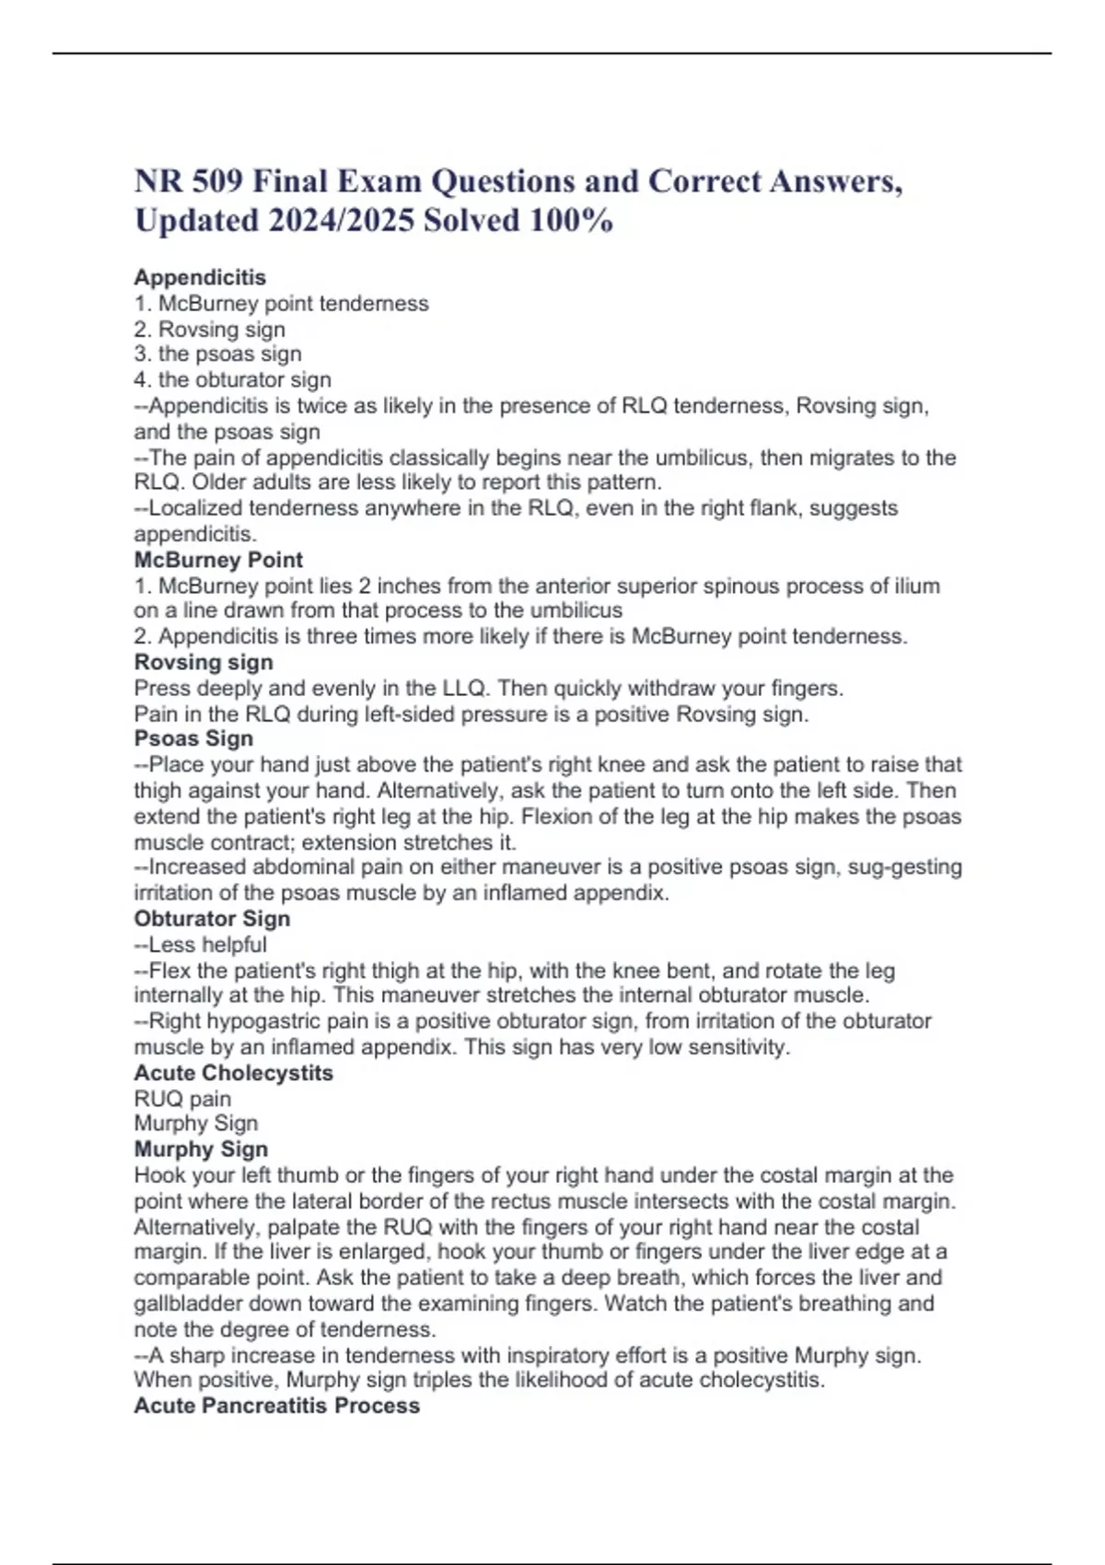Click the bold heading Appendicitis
click(200, 277)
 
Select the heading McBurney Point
click(218, 560)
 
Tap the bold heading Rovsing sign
click(204, 662)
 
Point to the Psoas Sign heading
click(193, 738)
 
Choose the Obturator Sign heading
click(212, 919)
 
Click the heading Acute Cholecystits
click(233, 1072)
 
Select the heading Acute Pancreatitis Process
click(276, 1406)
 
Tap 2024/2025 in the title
click(341, 221)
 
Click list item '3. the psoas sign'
click(217, 354)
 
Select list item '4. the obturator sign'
click(232, 380)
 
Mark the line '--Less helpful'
click(200, 945)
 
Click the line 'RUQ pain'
click(182, 1099)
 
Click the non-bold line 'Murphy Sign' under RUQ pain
click(195, 1124)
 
